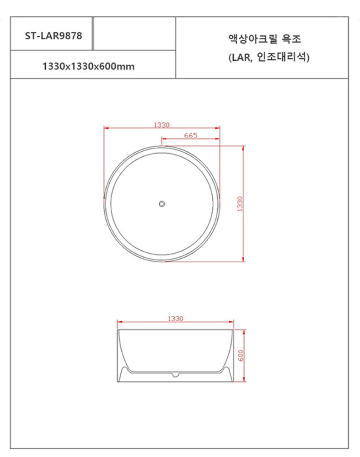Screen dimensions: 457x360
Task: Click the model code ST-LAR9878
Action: tap(53, 35)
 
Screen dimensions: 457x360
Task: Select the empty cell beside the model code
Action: tap(134, 34)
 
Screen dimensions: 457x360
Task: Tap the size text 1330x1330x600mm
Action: tap(88, 66)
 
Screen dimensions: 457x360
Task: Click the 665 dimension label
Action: tap(190, 135)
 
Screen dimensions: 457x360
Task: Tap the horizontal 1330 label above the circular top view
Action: tap(161, 125)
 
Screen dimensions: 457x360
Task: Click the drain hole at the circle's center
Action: tap(162, 204)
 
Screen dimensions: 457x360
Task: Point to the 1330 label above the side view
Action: tap(175, 318)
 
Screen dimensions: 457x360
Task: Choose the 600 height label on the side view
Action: tap(241, 356)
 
